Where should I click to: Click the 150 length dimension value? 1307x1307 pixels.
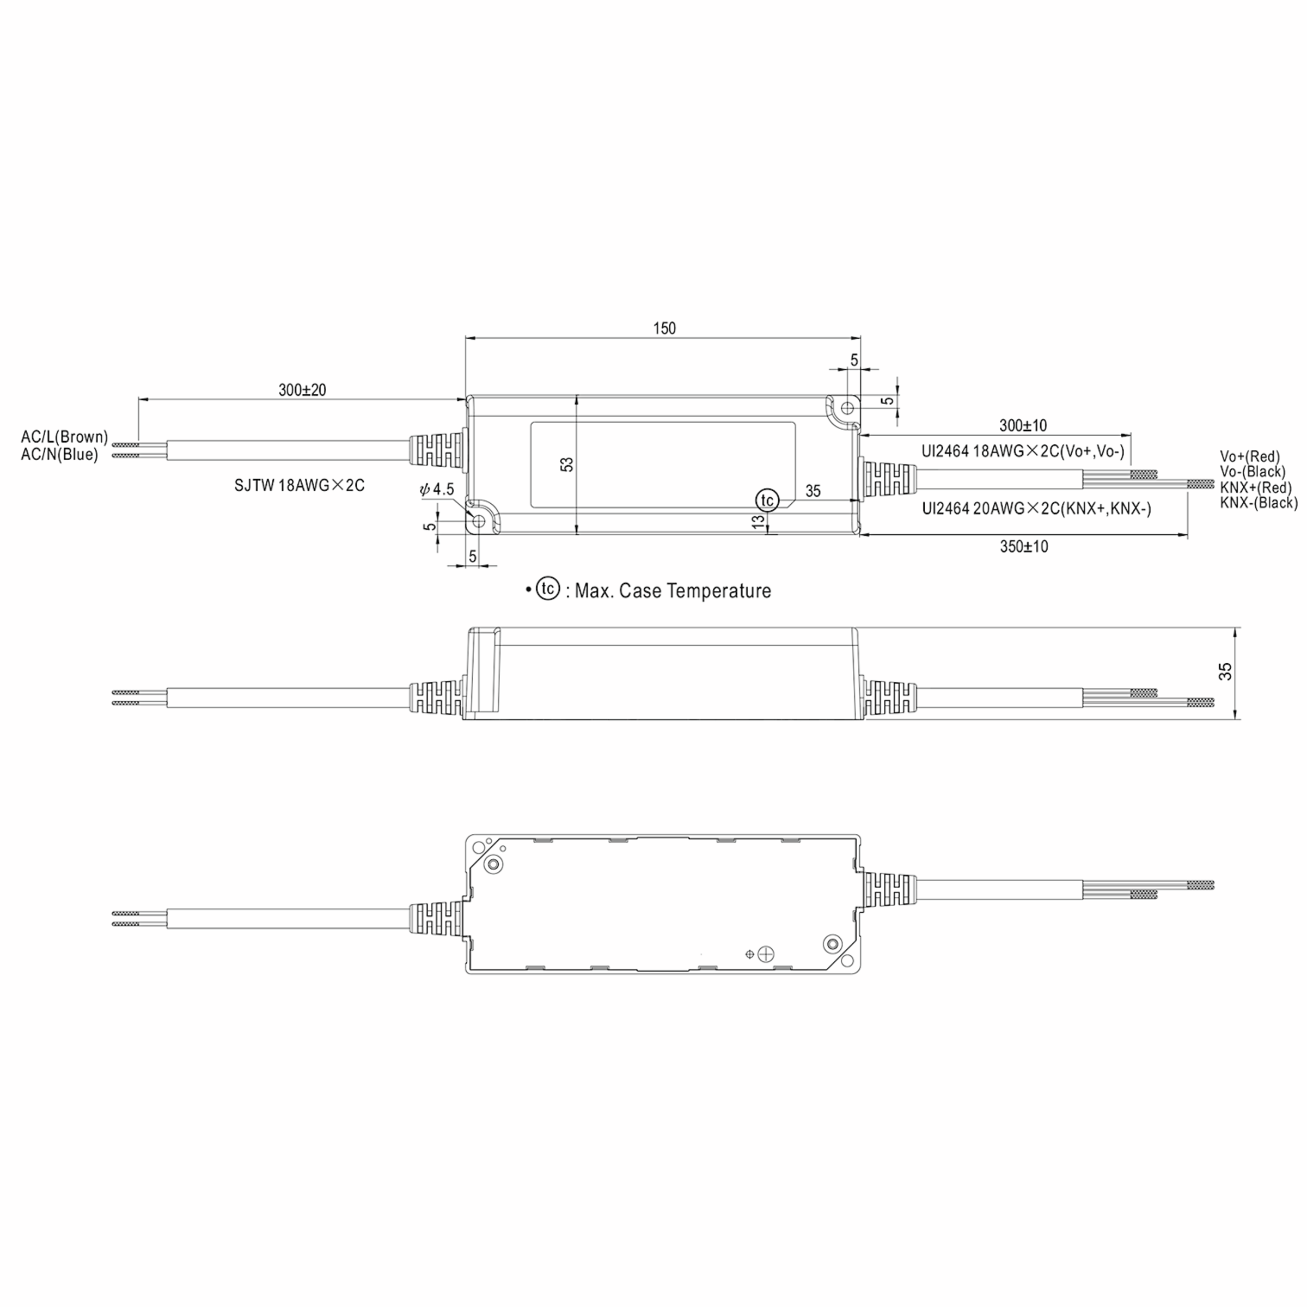click(x=664, y=328)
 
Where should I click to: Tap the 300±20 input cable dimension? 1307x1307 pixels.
click(x=302, y=390)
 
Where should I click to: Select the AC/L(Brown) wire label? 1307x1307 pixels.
click(x=64, y=438)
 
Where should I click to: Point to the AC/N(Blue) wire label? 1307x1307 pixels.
click(x=59, y=455)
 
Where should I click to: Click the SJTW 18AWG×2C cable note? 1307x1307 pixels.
click(x=299, y=486)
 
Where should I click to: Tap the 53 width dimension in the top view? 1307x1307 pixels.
click(x=567, y=465)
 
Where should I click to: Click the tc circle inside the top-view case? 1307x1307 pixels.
click(x=767, y=500)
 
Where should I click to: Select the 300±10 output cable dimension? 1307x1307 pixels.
click(x=1023, y=425)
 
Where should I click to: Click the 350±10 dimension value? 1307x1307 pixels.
click(x=1024, y=547)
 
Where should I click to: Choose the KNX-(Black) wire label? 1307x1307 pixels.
click(x=1259, y=503)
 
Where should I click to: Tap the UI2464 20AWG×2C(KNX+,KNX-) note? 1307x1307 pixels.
click(x=1036, y=509)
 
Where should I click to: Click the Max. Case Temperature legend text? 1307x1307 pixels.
click(x=673, y=591)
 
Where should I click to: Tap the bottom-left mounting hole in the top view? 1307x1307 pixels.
click(x=479, y=522)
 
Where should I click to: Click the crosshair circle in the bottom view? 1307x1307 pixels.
click(x=766, y=954)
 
